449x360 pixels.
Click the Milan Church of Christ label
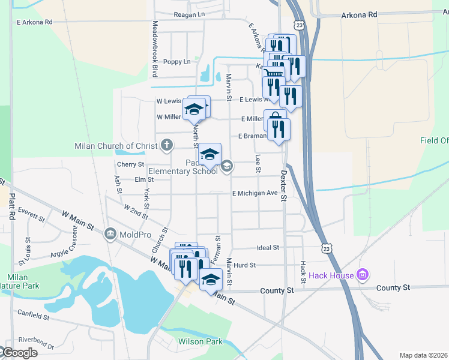(116, 146)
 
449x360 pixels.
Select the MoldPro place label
(133, 233)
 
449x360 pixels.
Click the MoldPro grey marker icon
(110, 233)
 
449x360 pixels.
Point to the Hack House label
(332, 276)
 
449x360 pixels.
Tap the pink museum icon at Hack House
(362, 276)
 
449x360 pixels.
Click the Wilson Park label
(200, 342)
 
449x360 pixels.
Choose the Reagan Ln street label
(189, 14)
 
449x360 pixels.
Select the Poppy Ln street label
(178, 61)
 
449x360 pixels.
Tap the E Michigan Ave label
(256, 193)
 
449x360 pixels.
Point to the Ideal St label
(268, 247)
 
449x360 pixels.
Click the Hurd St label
(245, 265)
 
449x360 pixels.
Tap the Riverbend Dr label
(38, 346)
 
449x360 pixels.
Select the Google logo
(19, 353)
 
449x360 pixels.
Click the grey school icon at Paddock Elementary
(226, 166)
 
